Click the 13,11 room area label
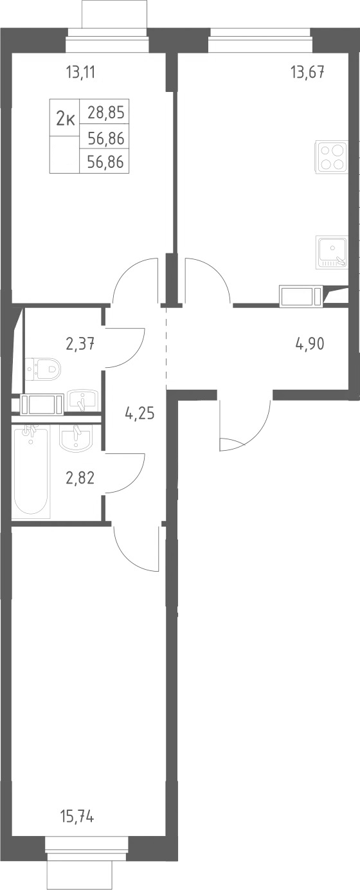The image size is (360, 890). click(82, 73)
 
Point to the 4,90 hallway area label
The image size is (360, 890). click(310, 343)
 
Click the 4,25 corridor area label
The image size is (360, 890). click(139, 414)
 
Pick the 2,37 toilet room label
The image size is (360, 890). click(80, 343)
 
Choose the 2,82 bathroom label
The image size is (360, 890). click(80, 478)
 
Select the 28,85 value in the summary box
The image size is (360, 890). click(106, 113)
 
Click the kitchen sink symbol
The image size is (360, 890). click(332, 252)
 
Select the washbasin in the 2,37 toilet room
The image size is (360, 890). click(82, 401)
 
